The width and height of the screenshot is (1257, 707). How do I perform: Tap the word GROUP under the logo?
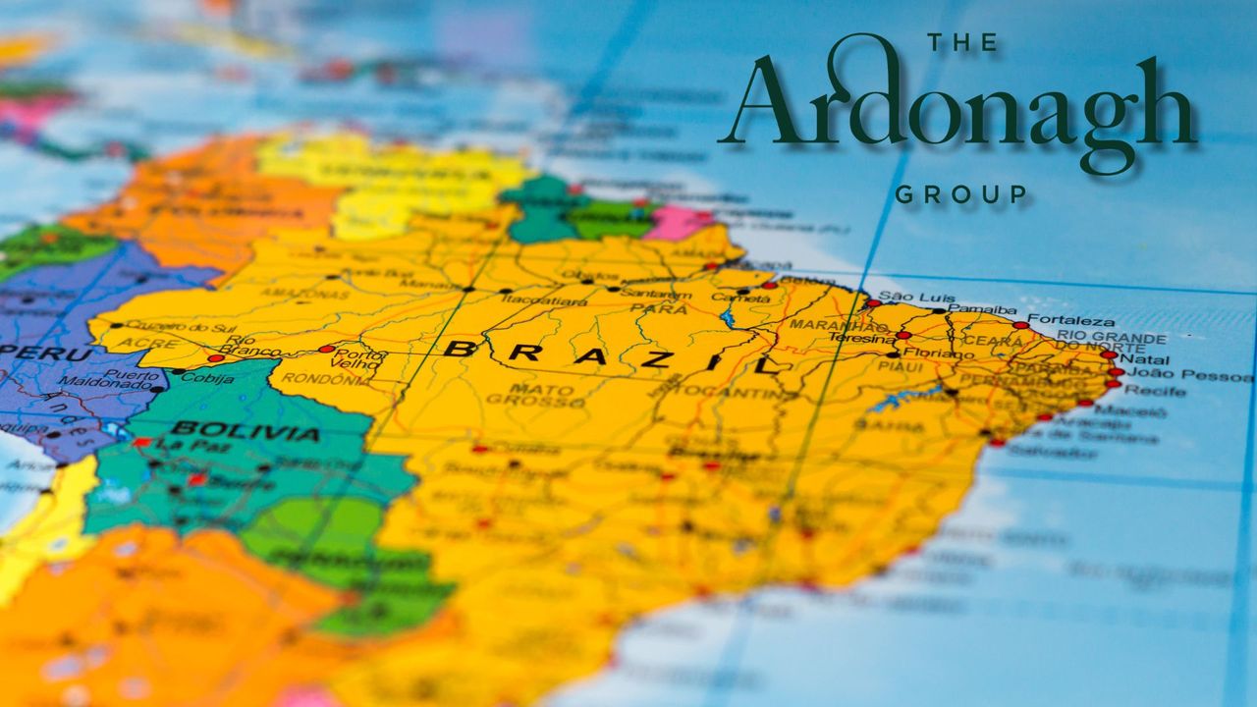click(960, 194)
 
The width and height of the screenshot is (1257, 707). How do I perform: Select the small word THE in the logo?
click(961, 43)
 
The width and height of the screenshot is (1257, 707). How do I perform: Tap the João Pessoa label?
click(1179, 375)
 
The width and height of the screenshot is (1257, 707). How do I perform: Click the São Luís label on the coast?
click(904, 297)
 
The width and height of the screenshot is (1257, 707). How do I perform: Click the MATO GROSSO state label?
click(529, 395)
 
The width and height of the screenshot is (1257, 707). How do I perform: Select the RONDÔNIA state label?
click(315, 378)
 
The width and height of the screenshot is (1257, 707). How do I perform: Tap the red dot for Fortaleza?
click(1020, 325)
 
